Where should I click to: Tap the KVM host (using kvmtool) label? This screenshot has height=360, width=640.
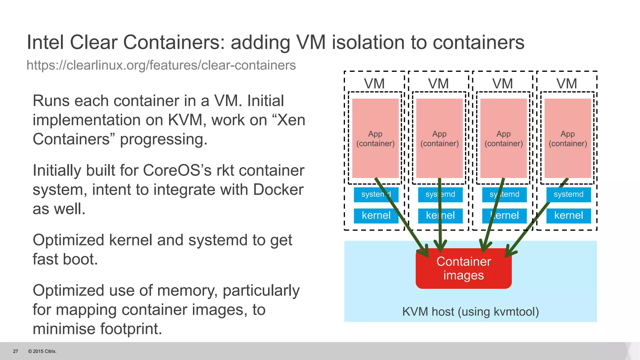coord(470,312)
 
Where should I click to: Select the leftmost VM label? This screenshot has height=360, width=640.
coord(374,84)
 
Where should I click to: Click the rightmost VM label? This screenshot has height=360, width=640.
coord(567,84)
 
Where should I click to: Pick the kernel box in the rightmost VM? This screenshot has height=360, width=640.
coord(568,216)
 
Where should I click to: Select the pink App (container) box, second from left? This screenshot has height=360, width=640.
coord(439,138)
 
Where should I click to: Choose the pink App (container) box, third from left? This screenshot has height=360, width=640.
coord(503,138)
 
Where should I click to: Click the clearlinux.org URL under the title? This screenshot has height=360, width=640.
coord(161,65)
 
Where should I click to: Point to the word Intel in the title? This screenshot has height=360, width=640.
coord(45,42)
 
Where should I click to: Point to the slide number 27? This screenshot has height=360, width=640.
coord(16,351)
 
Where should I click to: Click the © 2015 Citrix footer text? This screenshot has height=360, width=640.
coord(42,351)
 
